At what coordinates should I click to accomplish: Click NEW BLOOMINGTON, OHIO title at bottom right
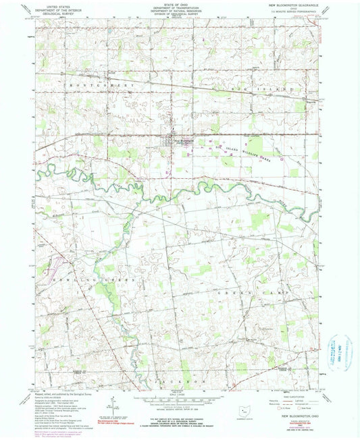[286, 418]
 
